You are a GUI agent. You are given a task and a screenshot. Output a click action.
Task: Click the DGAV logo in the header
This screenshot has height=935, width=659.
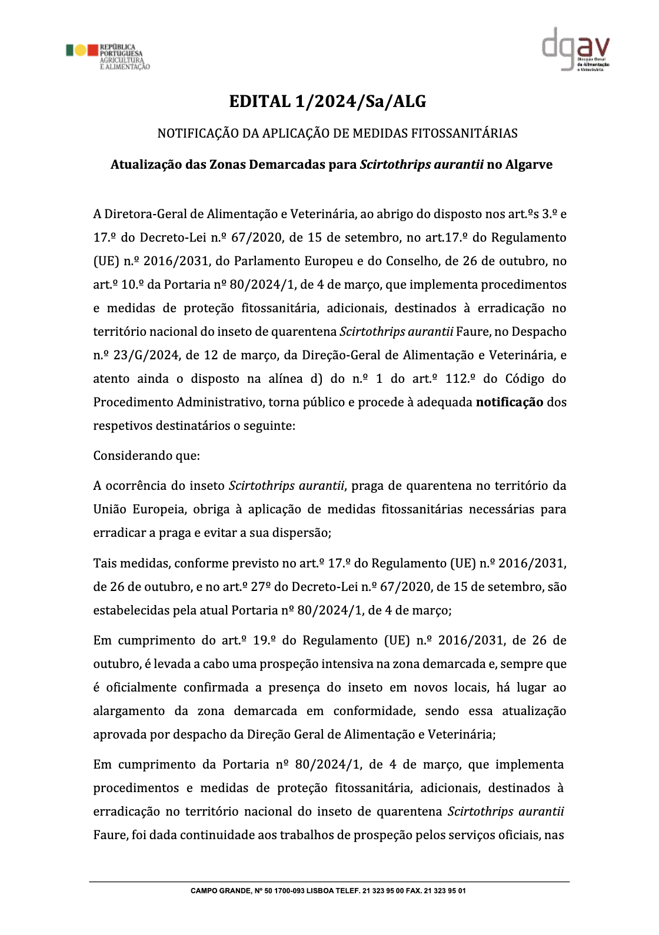575,49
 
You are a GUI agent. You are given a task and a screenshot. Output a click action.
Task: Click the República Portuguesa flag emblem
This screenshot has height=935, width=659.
81,50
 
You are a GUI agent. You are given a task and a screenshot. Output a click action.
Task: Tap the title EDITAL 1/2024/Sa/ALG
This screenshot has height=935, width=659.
327,102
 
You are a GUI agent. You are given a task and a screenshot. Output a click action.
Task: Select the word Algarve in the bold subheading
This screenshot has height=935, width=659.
529,165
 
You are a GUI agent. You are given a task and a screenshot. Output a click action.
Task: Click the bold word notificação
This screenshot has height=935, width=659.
509,402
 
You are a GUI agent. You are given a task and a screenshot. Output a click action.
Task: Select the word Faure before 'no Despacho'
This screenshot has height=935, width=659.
472,332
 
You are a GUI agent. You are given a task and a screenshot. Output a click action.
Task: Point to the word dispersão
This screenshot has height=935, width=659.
301,533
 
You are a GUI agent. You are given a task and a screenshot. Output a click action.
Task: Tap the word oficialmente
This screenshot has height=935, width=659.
141,687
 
